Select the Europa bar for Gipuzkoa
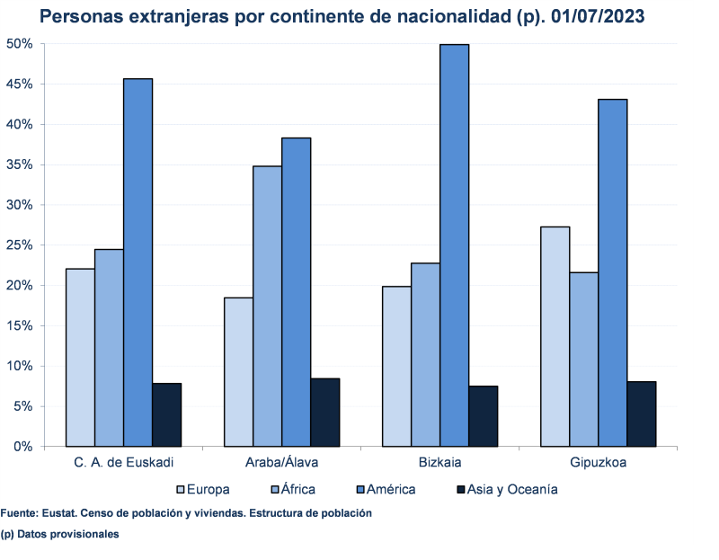click(x=555, y=336)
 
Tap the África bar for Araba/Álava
click(x=267, y=306)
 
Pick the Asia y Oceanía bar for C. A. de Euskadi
click(x=166, y=414)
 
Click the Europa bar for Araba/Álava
click(x=238, y=371)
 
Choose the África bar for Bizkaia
click(x=425, y=354)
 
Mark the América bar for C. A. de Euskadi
click(x=138, y=262)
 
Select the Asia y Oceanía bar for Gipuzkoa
click(x=641, y=413)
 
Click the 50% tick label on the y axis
click(x=19, y=44)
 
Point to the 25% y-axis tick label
click(x=19, y=245)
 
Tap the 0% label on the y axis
click(x=22, y=447)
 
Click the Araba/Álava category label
click(x=281, y=463)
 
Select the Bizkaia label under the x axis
click(x=439, y=463)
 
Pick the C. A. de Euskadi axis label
click(x=123, y=463)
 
